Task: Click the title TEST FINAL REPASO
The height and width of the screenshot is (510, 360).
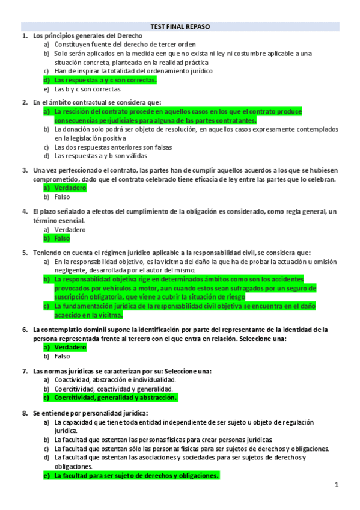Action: coord(180,27)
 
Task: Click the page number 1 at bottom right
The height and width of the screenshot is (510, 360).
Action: coord(337,485)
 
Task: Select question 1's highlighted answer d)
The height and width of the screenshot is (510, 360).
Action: coord(105,79)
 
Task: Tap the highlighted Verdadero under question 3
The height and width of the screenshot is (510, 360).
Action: coord(70,188)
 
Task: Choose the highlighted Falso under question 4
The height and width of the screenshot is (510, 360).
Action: coord(62,238)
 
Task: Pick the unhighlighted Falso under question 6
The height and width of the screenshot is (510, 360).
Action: coord(62,356)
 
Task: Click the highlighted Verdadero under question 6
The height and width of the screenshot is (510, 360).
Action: coord(70,347)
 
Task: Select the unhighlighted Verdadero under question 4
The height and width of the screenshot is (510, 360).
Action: coord(70,229)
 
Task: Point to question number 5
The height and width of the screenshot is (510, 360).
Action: coord(25,253)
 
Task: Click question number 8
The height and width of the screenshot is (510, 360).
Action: coord(25,413)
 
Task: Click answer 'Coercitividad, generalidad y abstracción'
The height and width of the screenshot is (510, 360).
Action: coord(115,398)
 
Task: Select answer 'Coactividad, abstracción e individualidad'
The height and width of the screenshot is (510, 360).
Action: coord(115,380)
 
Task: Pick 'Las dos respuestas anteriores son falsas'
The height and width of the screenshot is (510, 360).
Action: coord(113,147)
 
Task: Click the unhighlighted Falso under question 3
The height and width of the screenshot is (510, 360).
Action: coord(62,197)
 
